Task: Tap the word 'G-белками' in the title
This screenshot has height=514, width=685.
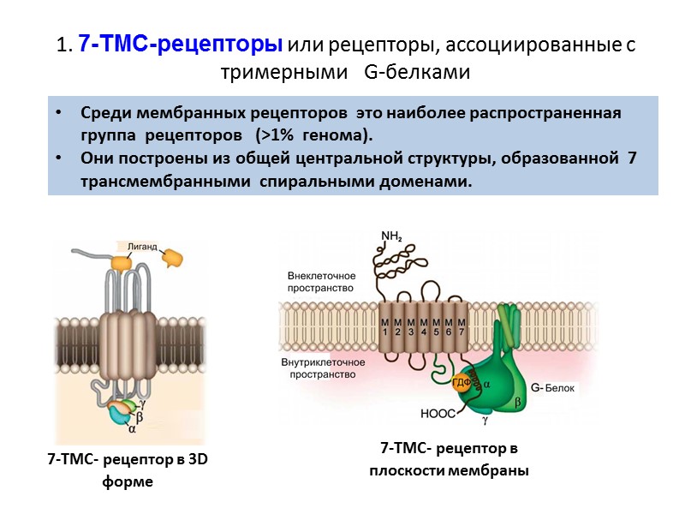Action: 417,72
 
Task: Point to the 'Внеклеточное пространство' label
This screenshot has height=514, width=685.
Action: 318,283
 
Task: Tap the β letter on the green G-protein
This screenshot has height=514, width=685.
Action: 517,401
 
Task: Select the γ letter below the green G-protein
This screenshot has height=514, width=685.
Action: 484,421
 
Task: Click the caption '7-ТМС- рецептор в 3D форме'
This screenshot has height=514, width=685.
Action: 128,470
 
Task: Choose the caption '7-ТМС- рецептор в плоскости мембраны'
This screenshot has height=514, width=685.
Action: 449,459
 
